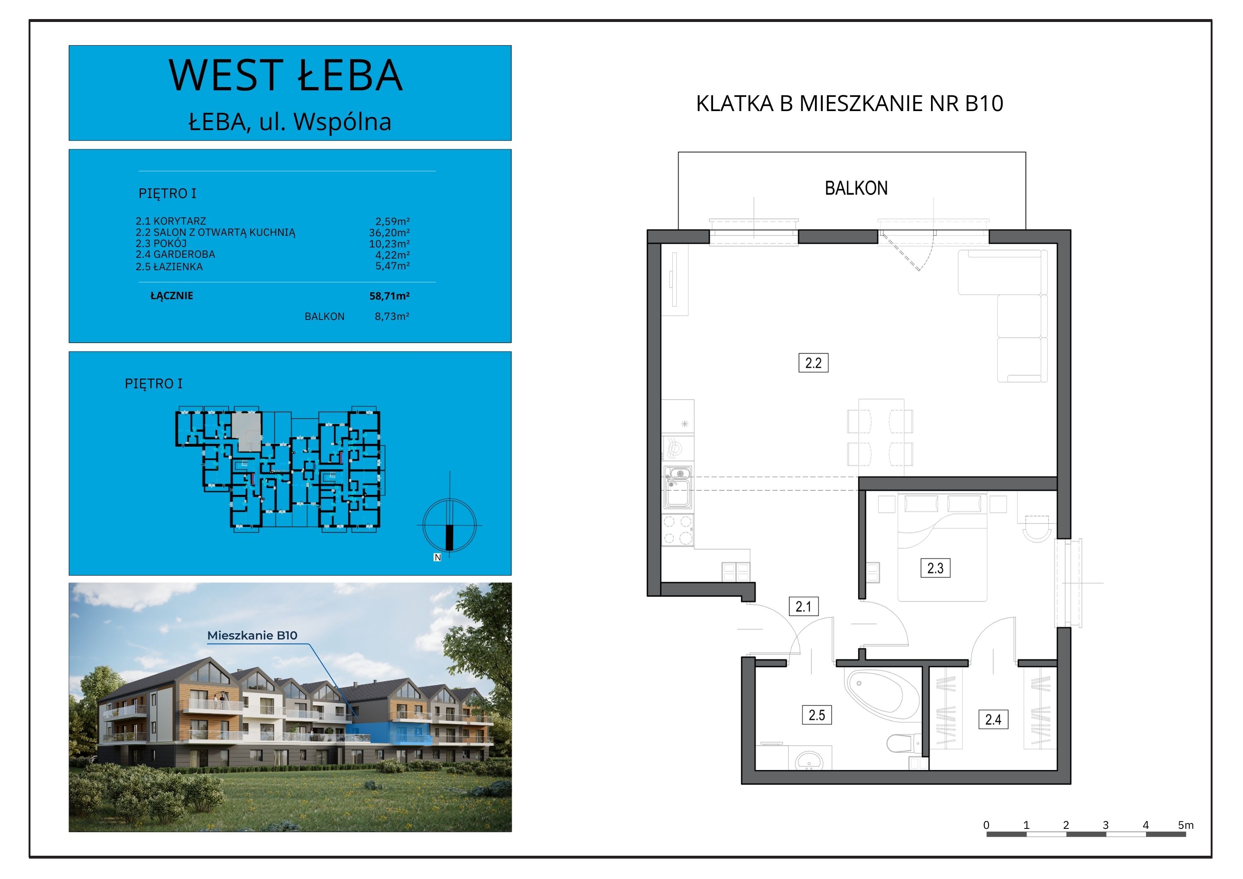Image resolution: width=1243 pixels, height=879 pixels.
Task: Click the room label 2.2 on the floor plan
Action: click(813, 363)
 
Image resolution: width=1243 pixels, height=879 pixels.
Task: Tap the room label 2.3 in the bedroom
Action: click(935, 568)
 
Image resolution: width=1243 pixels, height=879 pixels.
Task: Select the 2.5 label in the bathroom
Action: click(817, 715)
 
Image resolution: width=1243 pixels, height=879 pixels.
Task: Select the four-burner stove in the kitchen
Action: click(677, 530)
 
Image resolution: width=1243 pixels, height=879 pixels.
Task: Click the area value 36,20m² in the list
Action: click(389, 232)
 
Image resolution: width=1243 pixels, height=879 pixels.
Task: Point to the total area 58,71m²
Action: click(389, 296)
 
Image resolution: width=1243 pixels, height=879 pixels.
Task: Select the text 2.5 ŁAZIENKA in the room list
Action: click(169, 266)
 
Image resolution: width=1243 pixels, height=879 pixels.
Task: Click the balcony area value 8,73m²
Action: click(392, 316)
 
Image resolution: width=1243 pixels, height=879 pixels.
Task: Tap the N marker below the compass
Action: click(438, 557)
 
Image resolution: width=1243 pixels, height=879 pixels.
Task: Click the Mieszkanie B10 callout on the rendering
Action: click(252, 635)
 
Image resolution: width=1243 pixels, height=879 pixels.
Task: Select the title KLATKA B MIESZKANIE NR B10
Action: click(849, 104)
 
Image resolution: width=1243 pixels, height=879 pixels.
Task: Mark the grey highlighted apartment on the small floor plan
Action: click(247, 431)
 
